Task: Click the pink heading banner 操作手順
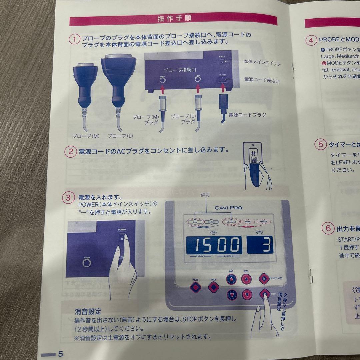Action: click(173, 19)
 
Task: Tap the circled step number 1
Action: click(74, 39)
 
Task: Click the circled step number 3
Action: click(68, 198)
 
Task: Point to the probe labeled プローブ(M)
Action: click(85, 87)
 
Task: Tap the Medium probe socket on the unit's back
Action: click(163, 81)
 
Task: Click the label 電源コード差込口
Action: click(262, 80)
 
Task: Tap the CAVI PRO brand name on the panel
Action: click(228, 208)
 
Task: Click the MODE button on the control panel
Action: click(213, 287)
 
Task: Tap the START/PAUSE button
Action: click(264, 278)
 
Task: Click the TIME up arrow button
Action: click(231, 279)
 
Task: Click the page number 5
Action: click(60, 354)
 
